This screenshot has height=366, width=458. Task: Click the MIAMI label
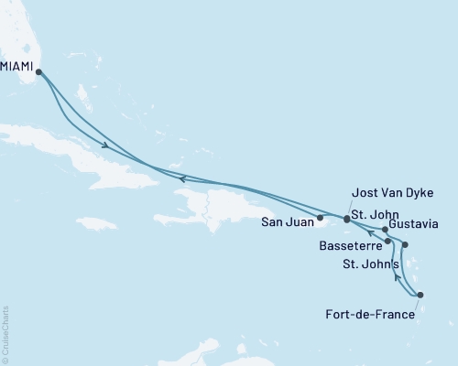[18, 65]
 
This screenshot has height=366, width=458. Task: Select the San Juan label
[288, 221]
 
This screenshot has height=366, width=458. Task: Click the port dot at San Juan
[320, 218]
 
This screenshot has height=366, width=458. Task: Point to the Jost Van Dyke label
[391, 192]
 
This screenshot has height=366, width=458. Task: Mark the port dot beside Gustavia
[385, 229]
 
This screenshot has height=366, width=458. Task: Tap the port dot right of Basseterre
[388, 242]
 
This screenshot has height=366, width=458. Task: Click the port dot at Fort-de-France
[420, 295]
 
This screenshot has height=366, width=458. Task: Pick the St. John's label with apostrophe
[371, 264]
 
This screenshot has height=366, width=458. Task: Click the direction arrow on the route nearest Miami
[106, 146]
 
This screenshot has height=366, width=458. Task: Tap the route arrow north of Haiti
[182, 178]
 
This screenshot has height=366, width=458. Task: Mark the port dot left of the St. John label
[346, 220]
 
